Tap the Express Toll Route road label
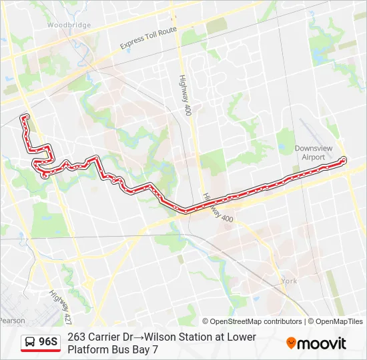coord(148,39)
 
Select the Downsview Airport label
coord(310,153)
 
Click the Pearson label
coord(12,321)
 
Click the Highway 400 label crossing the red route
coord(218,209)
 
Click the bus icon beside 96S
coord(30,343)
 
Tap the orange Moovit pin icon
coord(292,343)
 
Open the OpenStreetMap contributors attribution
coord(252,321)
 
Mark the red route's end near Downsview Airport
coord(344,159)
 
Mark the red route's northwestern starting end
coord(25,118)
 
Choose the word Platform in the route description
coord(90,349)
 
